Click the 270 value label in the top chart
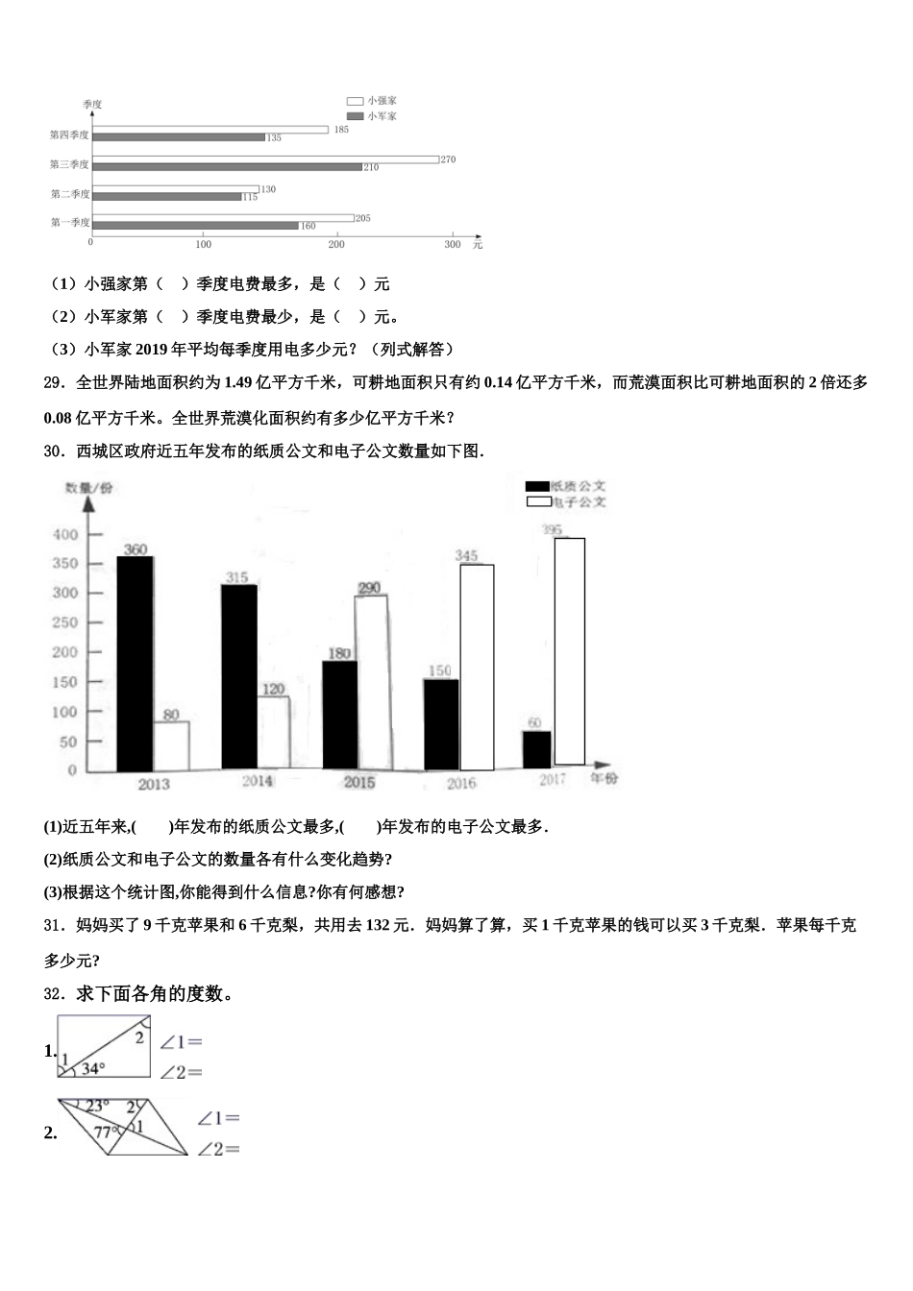(x=448, y=159)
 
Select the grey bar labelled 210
(x=228, y=167)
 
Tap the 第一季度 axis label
(x=70, y=223)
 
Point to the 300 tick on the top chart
(x=453, y=244)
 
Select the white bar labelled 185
(x=210, y=130)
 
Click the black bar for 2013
(x=135, y=663)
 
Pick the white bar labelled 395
(x=570, y=651)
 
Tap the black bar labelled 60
(x=536, y=749)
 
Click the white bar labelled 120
(x=273, y=732)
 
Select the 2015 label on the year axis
(x=359, y=783)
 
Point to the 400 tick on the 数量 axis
(x=65, y=534)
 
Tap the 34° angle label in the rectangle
(x=93, y=1068)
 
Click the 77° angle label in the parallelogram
(x=106, y=1132)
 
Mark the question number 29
(x=53, y=382)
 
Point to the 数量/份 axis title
(x=88, y=488)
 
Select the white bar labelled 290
(x=371, y=681)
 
